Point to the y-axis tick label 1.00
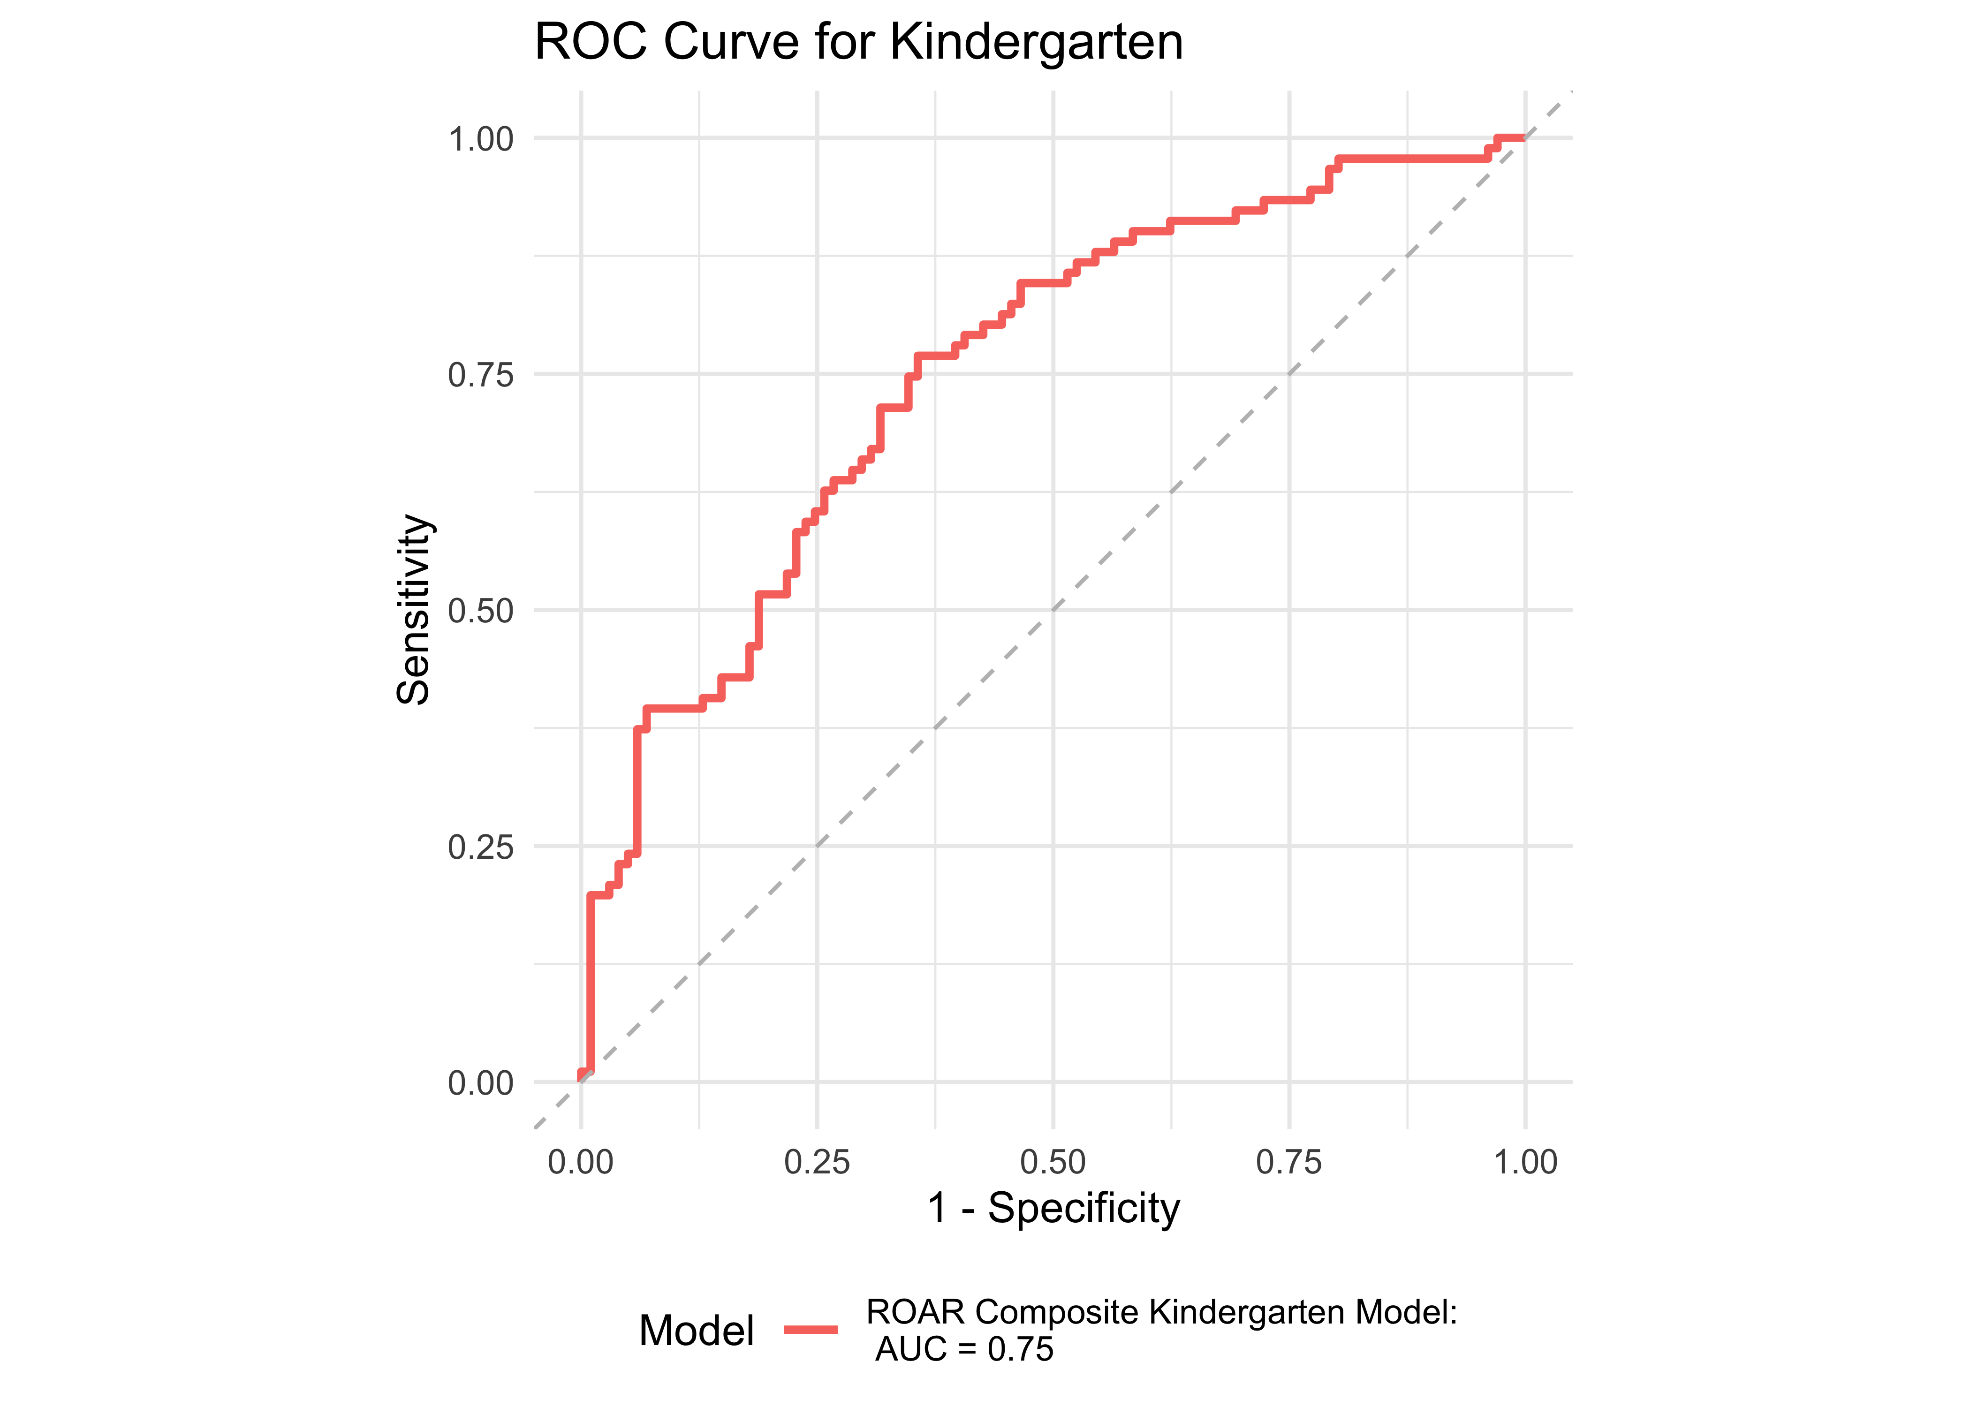point(481,139)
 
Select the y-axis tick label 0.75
point(481,375)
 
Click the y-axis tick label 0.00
point(481,1083)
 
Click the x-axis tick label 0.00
point(580,1162)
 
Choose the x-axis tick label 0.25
point(817,1162)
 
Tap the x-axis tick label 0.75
point(1289,1162)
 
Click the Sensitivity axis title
point(414,610)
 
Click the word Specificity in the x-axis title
point(1084,1208)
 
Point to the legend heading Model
point(697,1330)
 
